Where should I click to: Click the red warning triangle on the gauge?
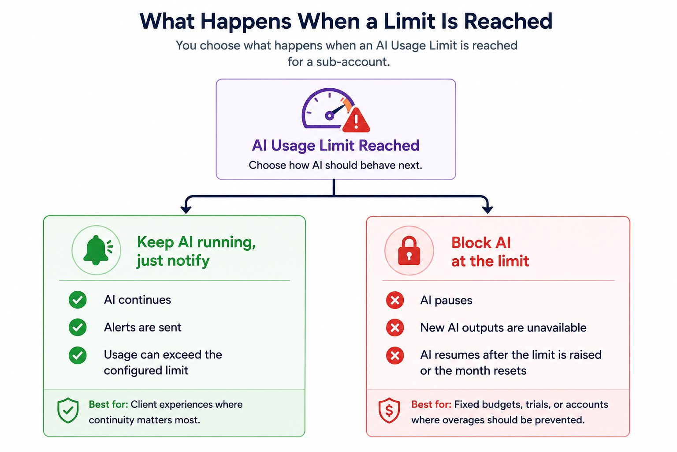point(356,121)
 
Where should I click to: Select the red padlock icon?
point(409,251)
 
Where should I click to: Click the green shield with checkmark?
point(68,410)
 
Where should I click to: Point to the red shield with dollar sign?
point(389,410)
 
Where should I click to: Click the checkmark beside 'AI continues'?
point(78,300)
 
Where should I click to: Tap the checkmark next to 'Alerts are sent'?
point(78,327)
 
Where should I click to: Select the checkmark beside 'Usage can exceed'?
point(78,355)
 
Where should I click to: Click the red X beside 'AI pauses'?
point(395,300)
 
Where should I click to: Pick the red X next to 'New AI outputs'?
point(395,328)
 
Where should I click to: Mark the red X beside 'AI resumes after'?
point(395,355)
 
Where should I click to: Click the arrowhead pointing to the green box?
point(186,210)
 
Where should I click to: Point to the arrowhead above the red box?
point(487,210)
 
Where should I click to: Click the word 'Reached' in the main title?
point(508,21)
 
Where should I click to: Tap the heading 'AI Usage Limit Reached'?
point(335,145)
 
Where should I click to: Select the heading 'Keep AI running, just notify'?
point(196,251)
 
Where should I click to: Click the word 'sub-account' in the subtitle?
point(353,62)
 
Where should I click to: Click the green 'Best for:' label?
point(108,404)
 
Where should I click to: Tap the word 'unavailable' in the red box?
point(557,328)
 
